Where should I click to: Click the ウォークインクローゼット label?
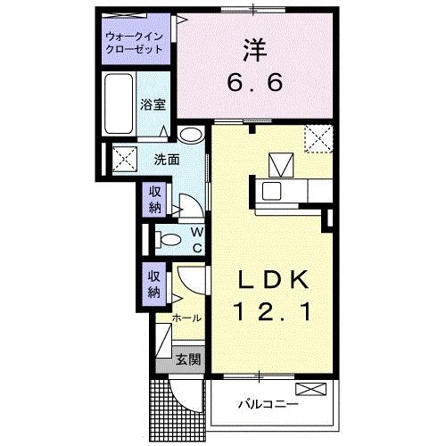point(135,42)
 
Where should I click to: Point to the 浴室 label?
point(153,103)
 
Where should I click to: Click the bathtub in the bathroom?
point(120,103)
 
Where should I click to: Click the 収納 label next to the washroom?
point(153,200)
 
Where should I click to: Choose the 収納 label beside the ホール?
point(153,284)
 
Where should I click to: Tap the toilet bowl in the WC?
point(163,238)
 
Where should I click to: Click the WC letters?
point(197,238)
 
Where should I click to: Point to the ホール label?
point(187,318)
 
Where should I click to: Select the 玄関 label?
point(187,359)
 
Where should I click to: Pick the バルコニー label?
point(267,404)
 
